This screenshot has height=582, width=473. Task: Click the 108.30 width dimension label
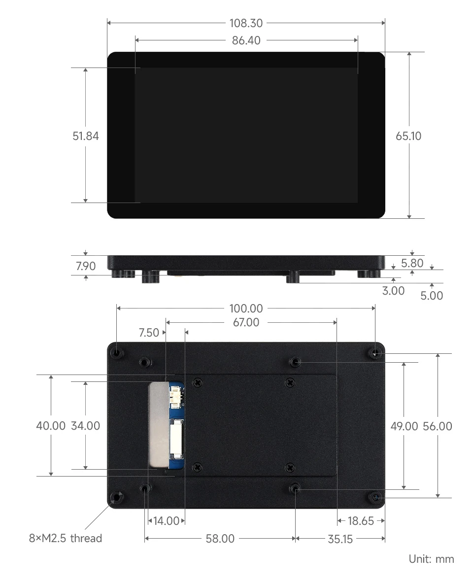(x=246, y=23)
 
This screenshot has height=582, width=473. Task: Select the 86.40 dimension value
(x=246, y=40)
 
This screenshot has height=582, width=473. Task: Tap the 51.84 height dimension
(x=86, y=136)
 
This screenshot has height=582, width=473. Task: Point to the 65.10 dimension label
(x=408, y=136)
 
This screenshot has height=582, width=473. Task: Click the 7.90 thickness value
(x=86, y=267)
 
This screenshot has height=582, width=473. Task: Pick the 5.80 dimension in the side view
(x=412, y=263)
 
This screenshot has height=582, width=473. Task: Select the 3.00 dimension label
(x=393, y=291)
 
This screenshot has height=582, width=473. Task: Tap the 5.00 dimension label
(x=432, y=296)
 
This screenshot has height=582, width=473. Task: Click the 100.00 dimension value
(x=246, y=309)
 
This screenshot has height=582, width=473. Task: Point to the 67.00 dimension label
(x=246, y=323)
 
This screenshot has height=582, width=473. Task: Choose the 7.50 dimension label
(x=149, y=333)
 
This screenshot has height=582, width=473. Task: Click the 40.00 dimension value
(x=51, y=426)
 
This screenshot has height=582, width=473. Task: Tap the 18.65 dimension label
(x=361, y=521)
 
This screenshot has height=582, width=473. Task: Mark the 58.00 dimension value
(x=220, y=539)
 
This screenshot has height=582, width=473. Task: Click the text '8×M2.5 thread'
(x=66, y=538)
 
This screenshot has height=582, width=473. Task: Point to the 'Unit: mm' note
(x=431, y=559)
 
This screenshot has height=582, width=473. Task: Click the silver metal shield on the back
(x=159, y=425)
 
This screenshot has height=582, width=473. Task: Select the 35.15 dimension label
(x=340, y=539)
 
